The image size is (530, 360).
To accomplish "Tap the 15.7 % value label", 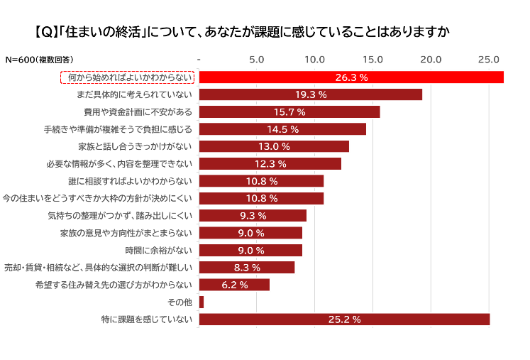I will click(x=289, y=112).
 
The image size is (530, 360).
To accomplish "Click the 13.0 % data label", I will click(x=274, y=146).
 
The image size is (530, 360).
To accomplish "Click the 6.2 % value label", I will click(x=235, y=285).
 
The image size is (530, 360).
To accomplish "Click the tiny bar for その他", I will click(x=201, y=302).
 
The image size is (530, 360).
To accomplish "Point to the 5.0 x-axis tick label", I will click(x=257, y=59).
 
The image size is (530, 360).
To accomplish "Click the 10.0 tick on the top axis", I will click(x=315, y=59).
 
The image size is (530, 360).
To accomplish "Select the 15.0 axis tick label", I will click(x=373, y=59).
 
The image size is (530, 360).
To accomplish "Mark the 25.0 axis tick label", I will click(x=489, y=59).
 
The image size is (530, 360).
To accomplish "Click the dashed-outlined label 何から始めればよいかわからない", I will click(x=127, y=77).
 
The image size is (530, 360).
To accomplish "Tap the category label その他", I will click(x=180, y=302).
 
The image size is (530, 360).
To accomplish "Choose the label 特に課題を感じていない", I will click(x=147, y=320).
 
